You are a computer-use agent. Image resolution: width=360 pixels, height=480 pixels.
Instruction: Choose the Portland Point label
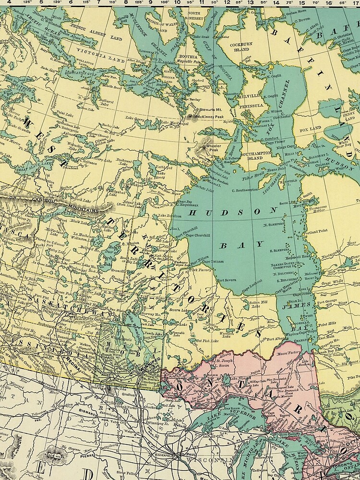click(x=315, y=231)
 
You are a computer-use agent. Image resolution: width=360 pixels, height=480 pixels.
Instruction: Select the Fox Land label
click(x=309, y=129)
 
